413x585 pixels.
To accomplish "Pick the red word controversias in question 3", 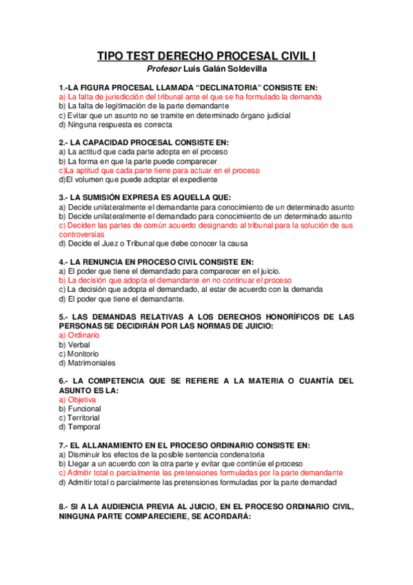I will (86, 234).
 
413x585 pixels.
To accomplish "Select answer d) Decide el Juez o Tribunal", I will (153, 243).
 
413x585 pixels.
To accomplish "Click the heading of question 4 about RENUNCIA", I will (156, 262).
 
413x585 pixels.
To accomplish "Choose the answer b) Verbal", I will (74, 344).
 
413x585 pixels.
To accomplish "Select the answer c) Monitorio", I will (78, 353).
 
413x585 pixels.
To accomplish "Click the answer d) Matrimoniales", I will (87, 363).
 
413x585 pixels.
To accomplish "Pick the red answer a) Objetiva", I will (77, 399).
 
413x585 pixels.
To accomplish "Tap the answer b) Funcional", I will (79, 408).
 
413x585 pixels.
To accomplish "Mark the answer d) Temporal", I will (79, 427).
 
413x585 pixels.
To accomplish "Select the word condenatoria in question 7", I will (237, 455).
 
